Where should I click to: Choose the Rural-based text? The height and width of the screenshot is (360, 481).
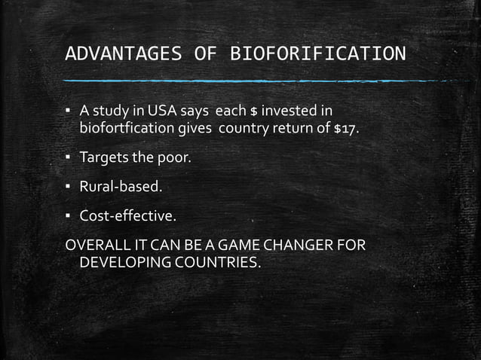[x=121, y=188]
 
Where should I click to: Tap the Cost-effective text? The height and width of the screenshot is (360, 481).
[x=128, y=217]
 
